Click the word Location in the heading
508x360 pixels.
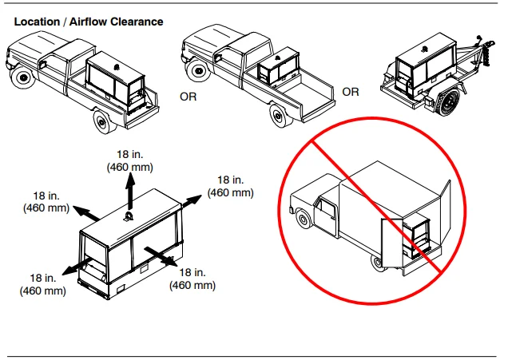click(37, 22)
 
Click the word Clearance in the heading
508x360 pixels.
click(137, 22)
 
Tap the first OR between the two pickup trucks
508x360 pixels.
click(189, 97)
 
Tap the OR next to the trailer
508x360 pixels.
click(351, 92)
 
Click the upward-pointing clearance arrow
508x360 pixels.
click(130, 191)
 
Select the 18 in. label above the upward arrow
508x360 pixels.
click(129, 154)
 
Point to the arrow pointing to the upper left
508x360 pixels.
click(86, 213)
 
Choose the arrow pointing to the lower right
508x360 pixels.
click(161, 257)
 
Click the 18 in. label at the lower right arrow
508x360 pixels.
click(192, 272)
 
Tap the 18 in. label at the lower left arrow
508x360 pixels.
click(43, 278)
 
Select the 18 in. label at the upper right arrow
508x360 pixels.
click(230, 180)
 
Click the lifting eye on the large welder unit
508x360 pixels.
click(129, 216)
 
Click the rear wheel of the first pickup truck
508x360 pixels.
click(105, 121)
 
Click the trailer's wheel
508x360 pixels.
click(447, 101)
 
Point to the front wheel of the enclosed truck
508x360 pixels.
click(303, 220)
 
